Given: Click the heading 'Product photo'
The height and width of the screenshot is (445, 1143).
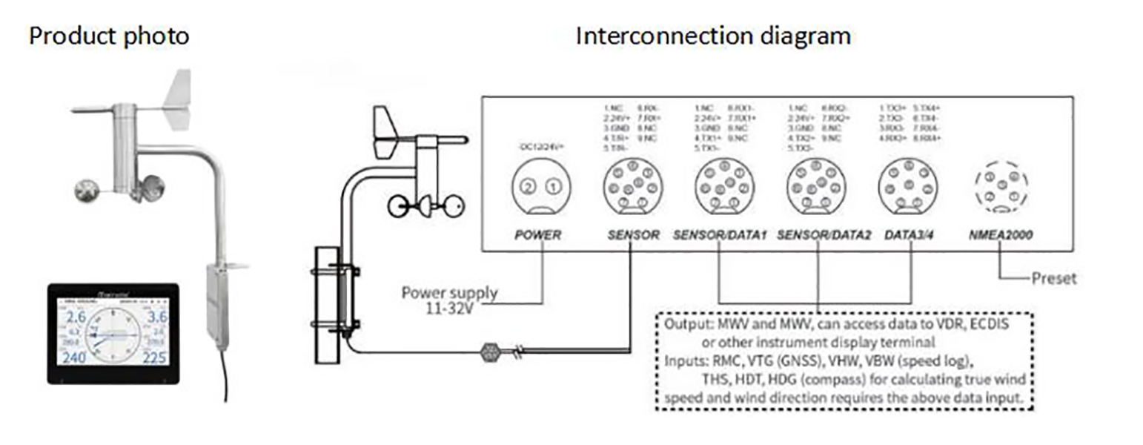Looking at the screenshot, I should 109,36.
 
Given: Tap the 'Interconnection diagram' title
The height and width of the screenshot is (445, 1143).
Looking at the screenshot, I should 713,36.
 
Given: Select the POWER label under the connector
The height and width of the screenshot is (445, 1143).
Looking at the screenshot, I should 539,235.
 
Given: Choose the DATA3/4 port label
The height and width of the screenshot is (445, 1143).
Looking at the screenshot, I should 909,235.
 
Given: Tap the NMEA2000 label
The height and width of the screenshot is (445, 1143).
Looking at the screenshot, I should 1001,235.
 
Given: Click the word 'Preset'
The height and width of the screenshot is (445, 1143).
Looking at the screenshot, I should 1053,279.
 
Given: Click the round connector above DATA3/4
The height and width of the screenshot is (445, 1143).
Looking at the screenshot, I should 908,185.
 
